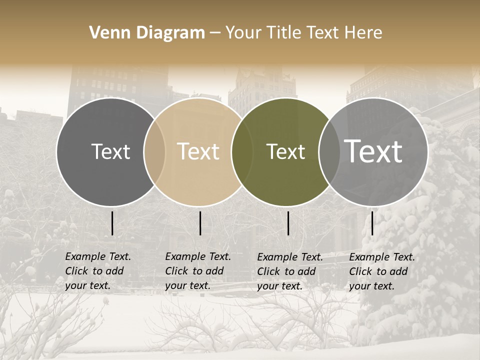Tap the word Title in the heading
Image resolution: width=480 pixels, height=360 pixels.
pos(285,32)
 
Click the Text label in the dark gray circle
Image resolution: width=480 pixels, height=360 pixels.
pos(110,151)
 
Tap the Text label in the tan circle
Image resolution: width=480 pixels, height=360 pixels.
pos(198,151)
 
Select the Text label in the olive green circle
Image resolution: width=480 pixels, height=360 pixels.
pos(285,151)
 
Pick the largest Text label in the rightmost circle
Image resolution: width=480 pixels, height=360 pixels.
pos(373,151)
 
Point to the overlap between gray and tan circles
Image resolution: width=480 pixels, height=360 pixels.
pos(154,151)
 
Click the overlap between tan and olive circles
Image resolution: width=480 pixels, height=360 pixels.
pos(242,151)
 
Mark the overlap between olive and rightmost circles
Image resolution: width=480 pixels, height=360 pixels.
pos(329,151)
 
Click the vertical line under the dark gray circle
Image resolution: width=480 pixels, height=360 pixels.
pos(112,223)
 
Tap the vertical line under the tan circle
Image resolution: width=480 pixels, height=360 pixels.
pos(200,223)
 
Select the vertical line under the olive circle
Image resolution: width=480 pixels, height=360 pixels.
pos(288,223)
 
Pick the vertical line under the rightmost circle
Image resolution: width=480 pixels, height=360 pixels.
pos(372,223)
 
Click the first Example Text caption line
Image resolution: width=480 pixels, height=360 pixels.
pos(98,256)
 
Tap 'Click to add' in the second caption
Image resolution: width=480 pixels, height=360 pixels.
pos(194,271)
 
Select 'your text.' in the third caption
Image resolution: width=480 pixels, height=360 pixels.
pos(280,286)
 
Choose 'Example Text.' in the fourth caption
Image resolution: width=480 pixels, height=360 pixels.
pos(382,257)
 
